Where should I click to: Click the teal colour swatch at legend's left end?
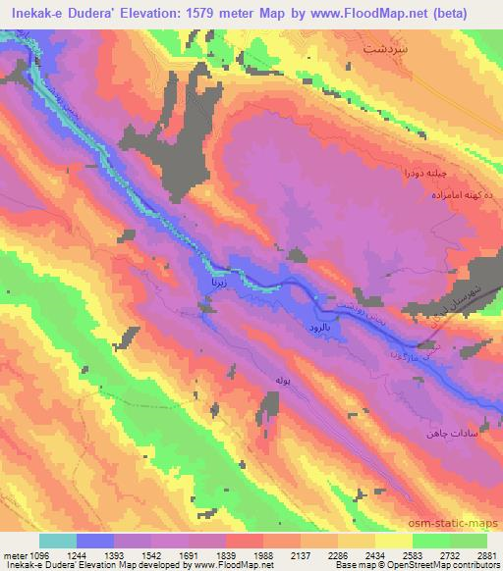coord(57,541)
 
